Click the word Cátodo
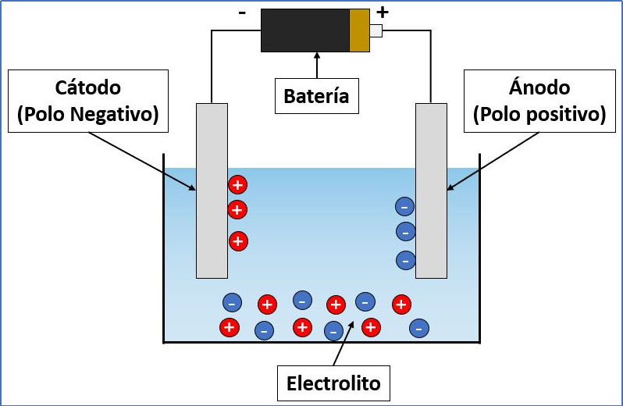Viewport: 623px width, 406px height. click(x=87, y=87)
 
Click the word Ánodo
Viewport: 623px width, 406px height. click(x=539, y=87)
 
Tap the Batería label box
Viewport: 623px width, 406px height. click(x=317, y=96)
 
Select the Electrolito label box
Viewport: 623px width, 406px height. click(x=333, y=383)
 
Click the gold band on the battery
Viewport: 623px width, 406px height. click(x=360, y=30)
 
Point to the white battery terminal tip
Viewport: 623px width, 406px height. click(x=376, y=31)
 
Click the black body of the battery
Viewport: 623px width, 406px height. click(x=305, y=30)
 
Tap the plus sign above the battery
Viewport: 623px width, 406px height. click(x=383, y=12)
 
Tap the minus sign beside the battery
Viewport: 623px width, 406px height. click(x=242, y=13)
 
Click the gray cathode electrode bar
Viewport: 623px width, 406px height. click(x=212, y=191)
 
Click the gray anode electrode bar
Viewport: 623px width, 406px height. click(x=431, y=191)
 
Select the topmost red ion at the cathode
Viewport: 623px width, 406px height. click(x=237, y=185)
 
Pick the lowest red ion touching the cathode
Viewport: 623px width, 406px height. click(x=238, y=241)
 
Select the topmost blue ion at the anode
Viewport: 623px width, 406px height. click(x=405, y=207)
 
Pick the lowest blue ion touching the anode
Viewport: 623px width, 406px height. click(x=406, y=261)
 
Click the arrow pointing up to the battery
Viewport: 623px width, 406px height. click(x=317, y=65)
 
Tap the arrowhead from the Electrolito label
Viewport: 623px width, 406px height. click(x=351, y=325)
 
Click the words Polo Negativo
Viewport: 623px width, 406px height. click(x=87, y=114)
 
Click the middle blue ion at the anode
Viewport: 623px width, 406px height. click(x=406, y=232)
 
